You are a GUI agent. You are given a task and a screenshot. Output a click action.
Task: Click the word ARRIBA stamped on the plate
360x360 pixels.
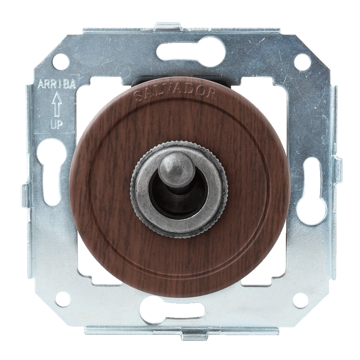tap(57, 85)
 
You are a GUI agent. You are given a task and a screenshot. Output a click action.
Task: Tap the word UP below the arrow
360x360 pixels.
tap(56, 126)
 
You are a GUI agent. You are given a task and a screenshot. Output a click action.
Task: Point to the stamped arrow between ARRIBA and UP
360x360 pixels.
tap(56, 105)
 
